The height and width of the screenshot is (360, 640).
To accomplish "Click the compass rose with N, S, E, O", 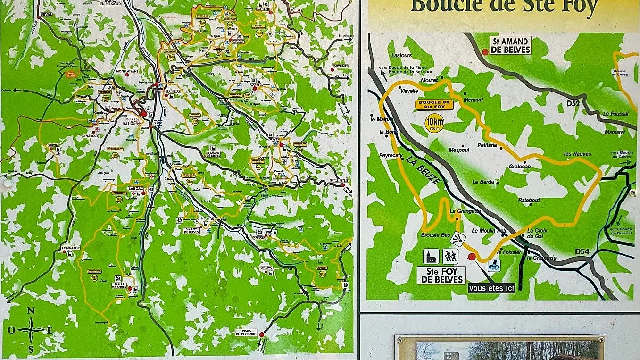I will click(x=31, y=329).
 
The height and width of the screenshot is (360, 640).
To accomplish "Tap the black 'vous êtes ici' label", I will click(x=491, y=288).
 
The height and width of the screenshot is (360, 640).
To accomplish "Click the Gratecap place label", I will click(x=520, y=167).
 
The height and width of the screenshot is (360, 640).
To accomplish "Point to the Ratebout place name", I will click(x=529, y=200).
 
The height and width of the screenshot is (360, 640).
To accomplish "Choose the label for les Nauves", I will click(x=577, y=154).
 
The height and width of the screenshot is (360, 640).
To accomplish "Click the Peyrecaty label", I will click(x=390, y=155).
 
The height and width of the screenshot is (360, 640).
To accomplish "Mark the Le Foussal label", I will click(x=615, y=114).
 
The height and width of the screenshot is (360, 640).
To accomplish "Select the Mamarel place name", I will click(x=614, y=133).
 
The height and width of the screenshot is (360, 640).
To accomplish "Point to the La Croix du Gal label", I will click(x=537, y=233).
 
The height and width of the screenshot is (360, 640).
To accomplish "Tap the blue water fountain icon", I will click(x=494, y=265).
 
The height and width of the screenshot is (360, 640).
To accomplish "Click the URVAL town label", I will click(x=46, y=15).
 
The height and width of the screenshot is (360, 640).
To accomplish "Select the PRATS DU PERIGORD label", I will click(x=247, y=332).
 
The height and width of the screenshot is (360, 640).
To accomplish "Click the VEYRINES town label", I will click(x=340, y=67).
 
